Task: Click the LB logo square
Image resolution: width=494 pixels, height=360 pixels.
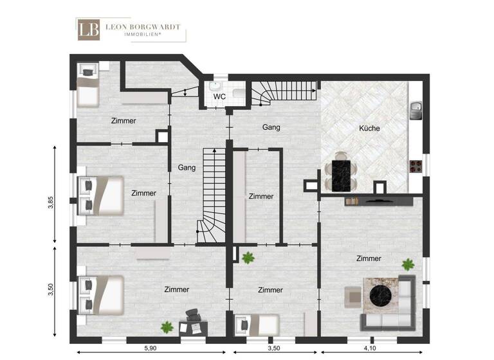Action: pyautogui.click(x=88, y=30)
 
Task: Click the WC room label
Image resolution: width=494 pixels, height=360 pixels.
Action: pyautogui.click(x=219, y=96)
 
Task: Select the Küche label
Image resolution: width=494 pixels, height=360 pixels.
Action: pyautogui.click(x=369, y=128)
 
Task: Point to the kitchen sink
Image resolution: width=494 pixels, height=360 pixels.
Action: pyautogui.click(x=416, y=109)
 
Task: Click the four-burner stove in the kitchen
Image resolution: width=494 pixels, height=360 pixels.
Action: pyautogui.click(x=416, y=166)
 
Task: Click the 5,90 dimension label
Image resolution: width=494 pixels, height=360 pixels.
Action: pyautogui.click(x=150, y=348)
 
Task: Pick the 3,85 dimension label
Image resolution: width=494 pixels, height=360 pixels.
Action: pyautogui.click(x=50, y=203)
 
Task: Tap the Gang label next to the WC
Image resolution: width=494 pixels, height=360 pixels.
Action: pyautogui.click(x=271, y=127)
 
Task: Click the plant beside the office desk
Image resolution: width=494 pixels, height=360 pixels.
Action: pyautogui.click(x=167, y=327)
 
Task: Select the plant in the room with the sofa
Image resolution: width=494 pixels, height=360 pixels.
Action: pyautogui.click(x=407, y=264)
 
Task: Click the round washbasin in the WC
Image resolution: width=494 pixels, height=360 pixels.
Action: pyautogui.click(x=215, y=87)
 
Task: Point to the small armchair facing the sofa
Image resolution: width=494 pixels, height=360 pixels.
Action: pyautogui.click(x=351, y=296)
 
